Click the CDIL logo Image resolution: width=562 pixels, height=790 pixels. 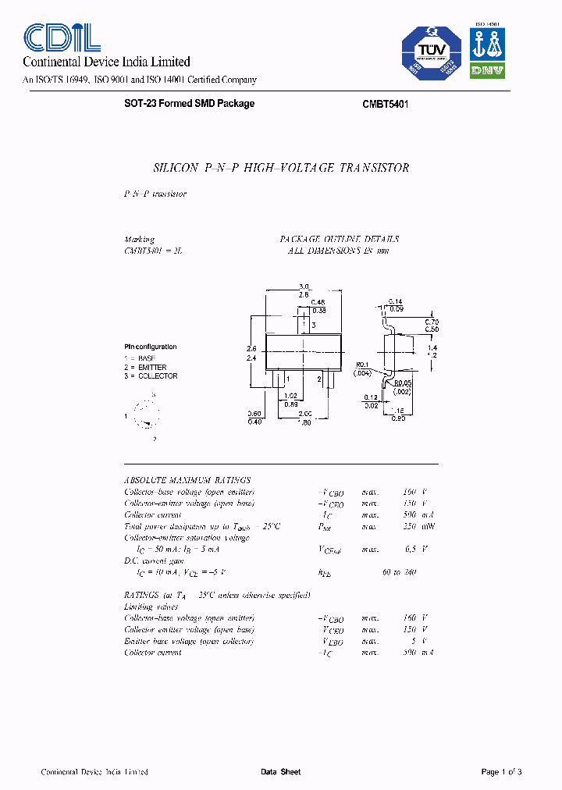click(62, 37)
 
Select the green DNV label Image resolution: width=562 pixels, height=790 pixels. click(486, 70)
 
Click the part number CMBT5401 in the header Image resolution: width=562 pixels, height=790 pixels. click(386, 104)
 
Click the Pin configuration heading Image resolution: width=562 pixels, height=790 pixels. click(151, 347)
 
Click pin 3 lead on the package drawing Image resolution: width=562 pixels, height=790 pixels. click(305, 324)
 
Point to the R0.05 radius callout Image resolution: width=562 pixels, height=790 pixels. click(402, 383)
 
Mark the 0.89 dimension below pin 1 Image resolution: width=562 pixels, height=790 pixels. click(291, 404)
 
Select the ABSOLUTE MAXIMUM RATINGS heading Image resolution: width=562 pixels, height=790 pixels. click(187, 480)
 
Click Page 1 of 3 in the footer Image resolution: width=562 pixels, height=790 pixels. click(501, 772)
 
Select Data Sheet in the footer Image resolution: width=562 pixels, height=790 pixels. click(280, 772)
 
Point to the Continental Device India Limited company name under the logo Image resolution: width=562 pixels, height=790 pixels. click(106, 62)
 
